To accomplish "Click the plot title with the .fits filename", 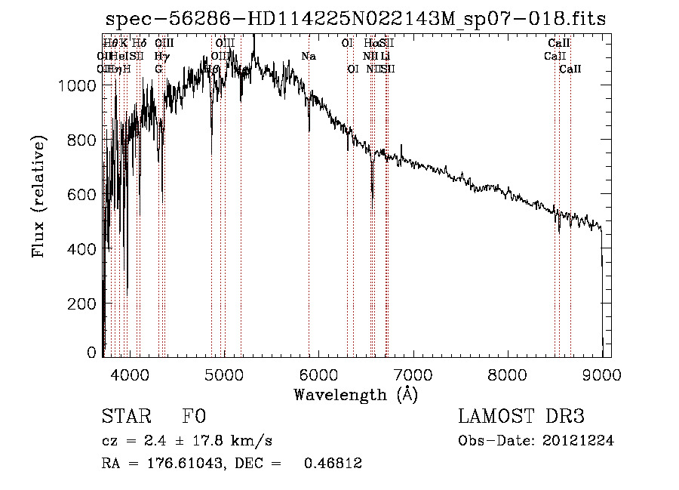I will tap(355, 19).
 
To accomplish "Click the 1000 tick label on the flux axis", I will tap(77, 86).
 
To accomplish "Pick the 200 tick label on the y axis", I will tap(83, 304).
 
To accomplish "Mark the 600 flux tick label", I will tap(83, 195).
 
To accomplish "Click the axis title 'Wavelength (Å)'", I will tap(355, 394).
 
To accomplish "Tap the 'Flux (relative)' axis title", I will tap(39, 196).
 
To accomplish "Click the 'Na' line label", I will tap(308, 57).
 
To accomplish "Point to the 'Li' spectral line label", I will tap(386, 57).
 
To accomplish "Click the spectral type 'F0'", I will tap(194, 417).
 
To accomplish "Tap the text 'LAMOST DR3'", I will tap(521, 417).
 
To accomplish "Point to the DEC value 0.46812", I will tap(332, 464).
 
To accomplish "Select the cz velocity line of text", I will tap(186, 441).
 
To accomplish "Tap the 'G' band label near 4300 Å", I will tap(158, 69).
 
